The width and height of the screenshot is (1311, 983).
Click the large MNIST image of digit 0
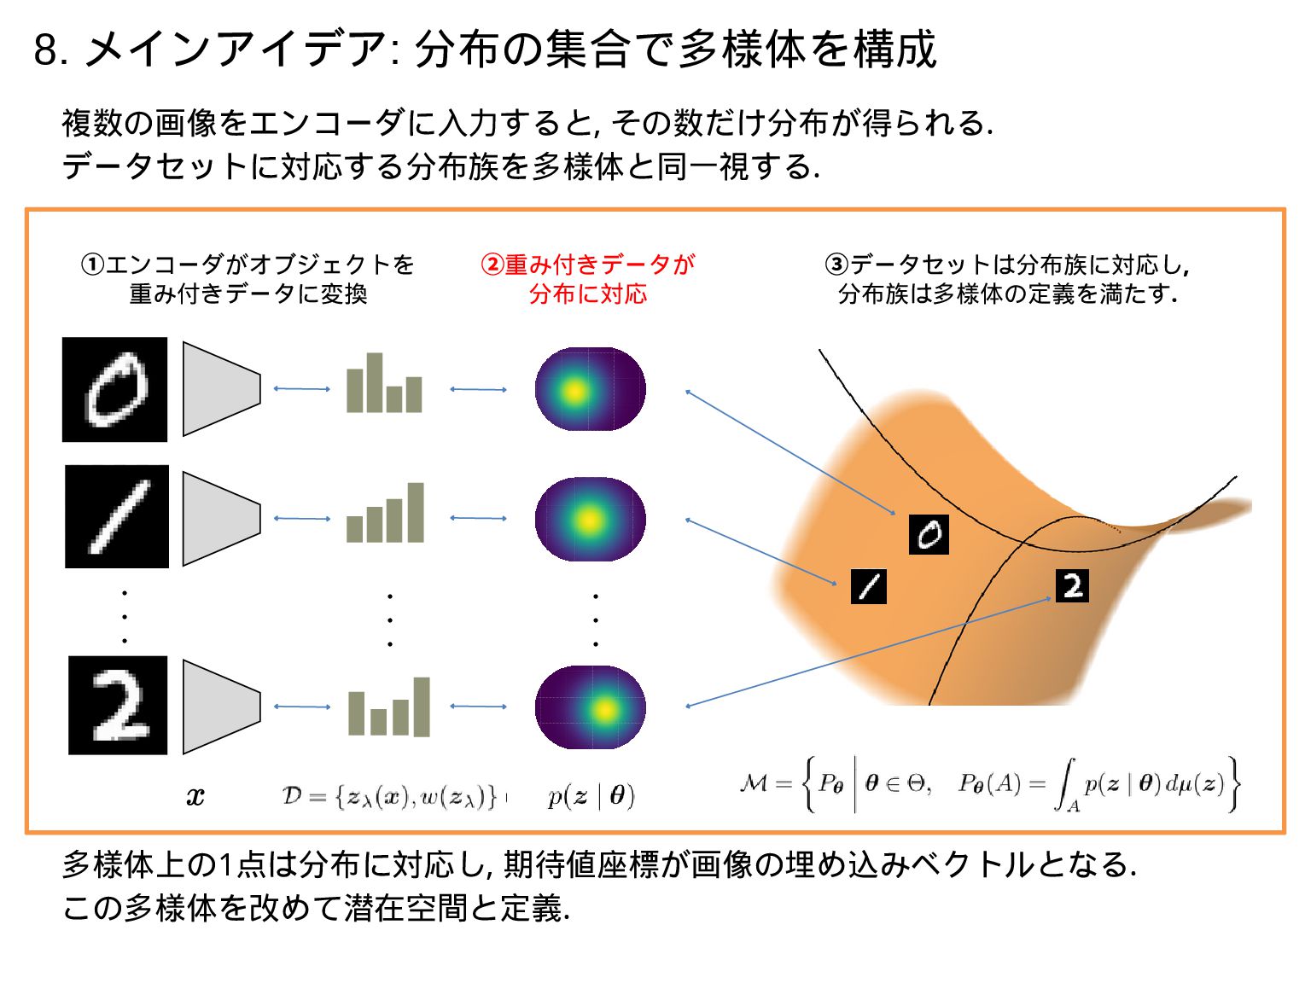(114, 389)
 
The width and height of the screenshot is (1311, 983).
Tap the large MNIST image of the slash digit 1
(117, 516)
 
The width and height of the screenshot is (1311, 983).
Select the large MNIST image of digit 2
(118, 705)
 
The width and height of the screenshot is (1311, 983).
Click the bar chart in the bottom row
(389, 707)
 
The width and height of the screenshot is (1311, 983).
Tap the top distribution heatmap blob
(590, 389)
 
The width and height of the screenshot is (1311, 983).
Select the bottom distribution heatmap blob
(590, 707)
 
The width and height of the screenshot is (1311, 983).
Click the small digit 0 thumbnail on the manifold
(929, 534)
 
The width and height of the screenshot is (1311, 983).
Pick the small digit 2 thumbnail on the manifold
(1072, 585)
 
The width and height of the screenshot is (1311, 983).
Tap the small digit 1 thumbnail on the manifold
(869, 586)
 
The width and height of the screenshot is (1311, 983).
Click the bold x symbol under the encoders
(195, 797)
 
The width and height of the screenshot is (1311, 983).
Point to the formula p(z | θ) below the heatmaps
(591, 796)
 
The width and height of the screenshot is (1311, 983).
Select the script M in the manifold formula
(754, 782)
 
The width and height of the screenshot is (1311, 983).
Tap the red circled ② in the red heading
(492, 265)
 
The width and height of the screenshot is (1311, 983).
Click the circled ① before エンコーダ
(92, 265)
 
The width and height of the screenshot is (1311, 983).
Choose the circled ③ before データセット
(836, 265)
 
